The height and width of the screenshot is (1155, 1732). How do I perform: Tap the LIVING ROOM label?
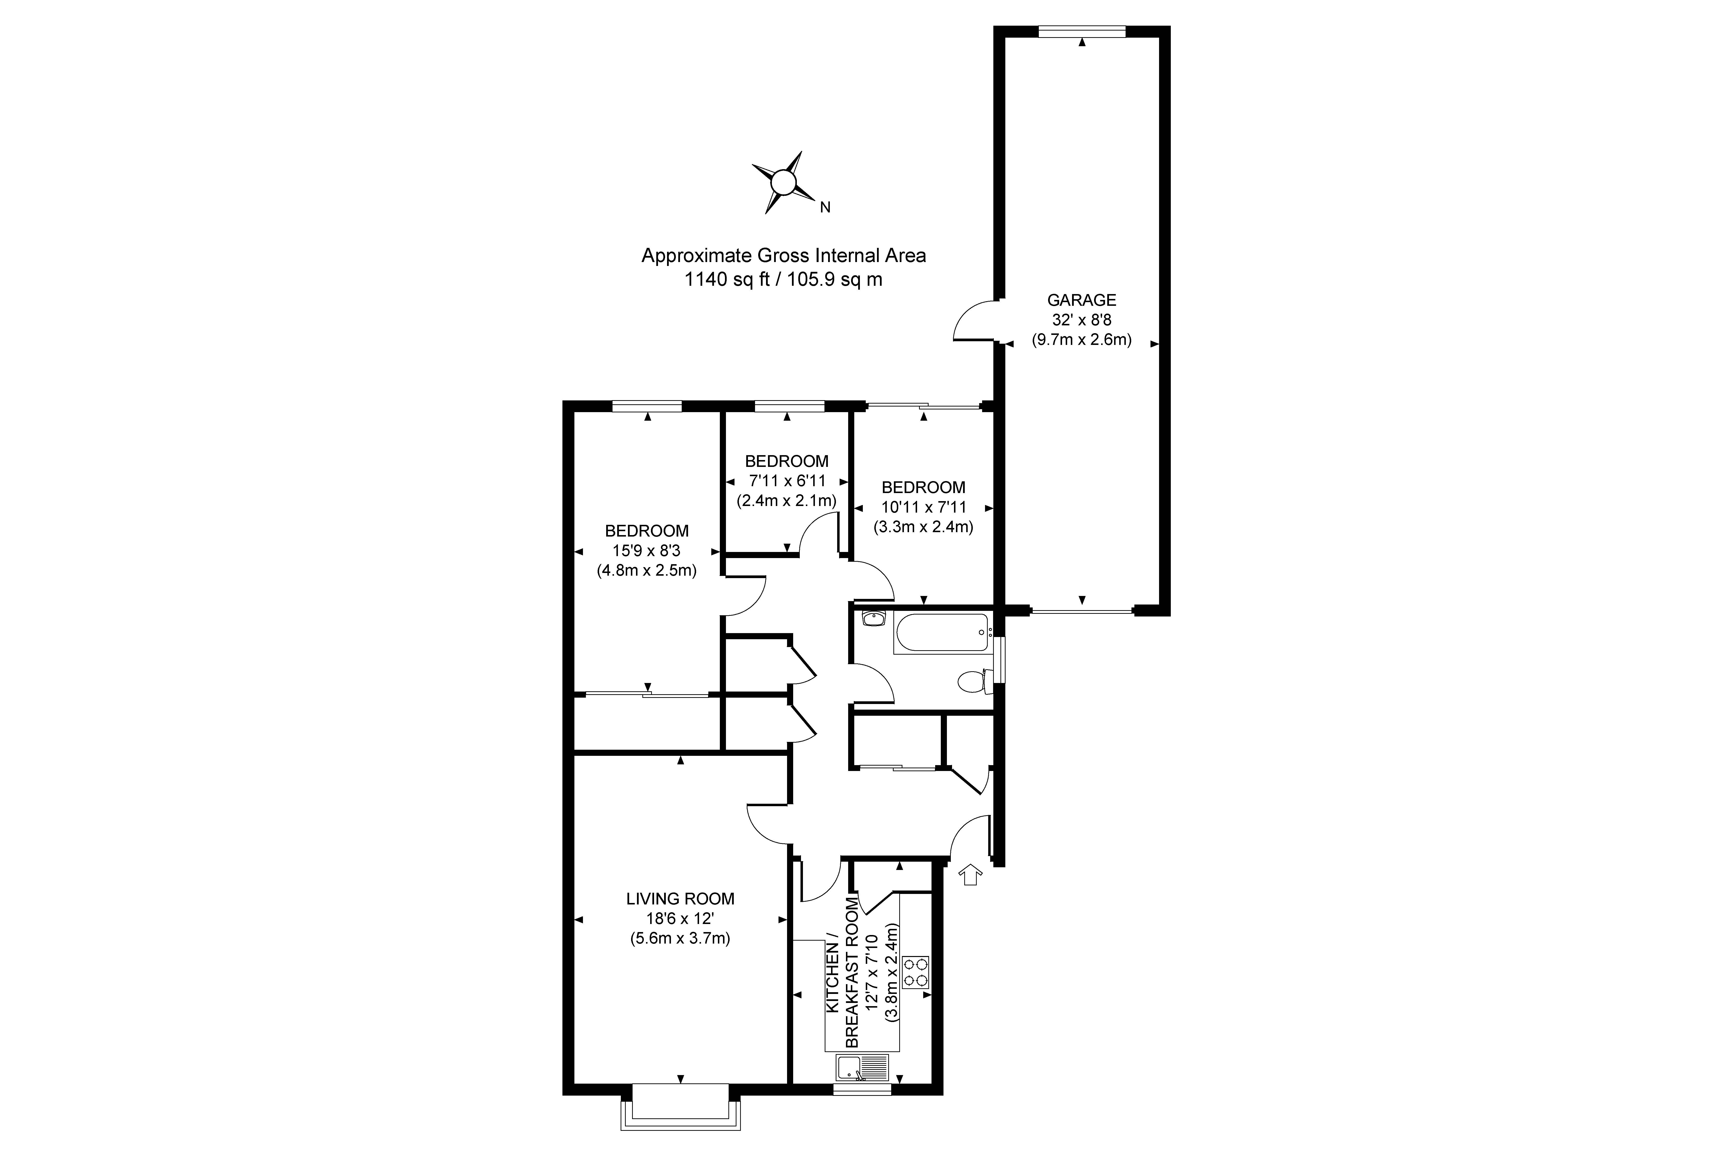pos(680,899)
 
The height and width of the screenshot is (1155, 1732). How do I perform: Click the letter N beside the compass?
pos(825,208)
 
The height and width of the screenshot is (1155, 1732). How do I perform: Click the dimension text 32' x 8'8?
pos(1082,320)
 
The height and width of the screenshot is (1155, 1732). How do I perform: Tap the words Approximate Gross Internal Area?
pos(784,256)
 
